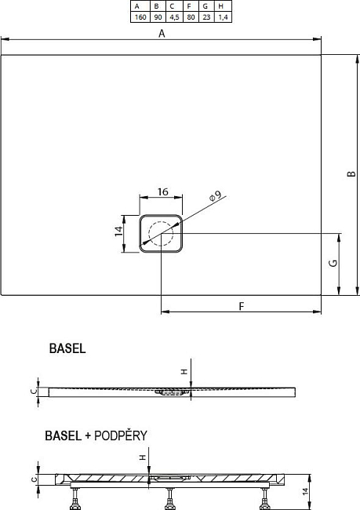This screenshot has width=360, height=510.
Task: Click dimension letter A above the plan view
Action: [x=162, y=34]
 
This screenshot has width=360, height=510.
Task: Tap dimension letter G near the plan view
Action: [x=333, y=264]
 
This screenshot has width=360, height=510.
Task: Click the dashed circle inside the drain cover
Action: [x=162, y=234]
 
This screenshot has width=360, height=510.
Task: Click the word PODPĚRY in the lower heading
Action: [x=120, y=436]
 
